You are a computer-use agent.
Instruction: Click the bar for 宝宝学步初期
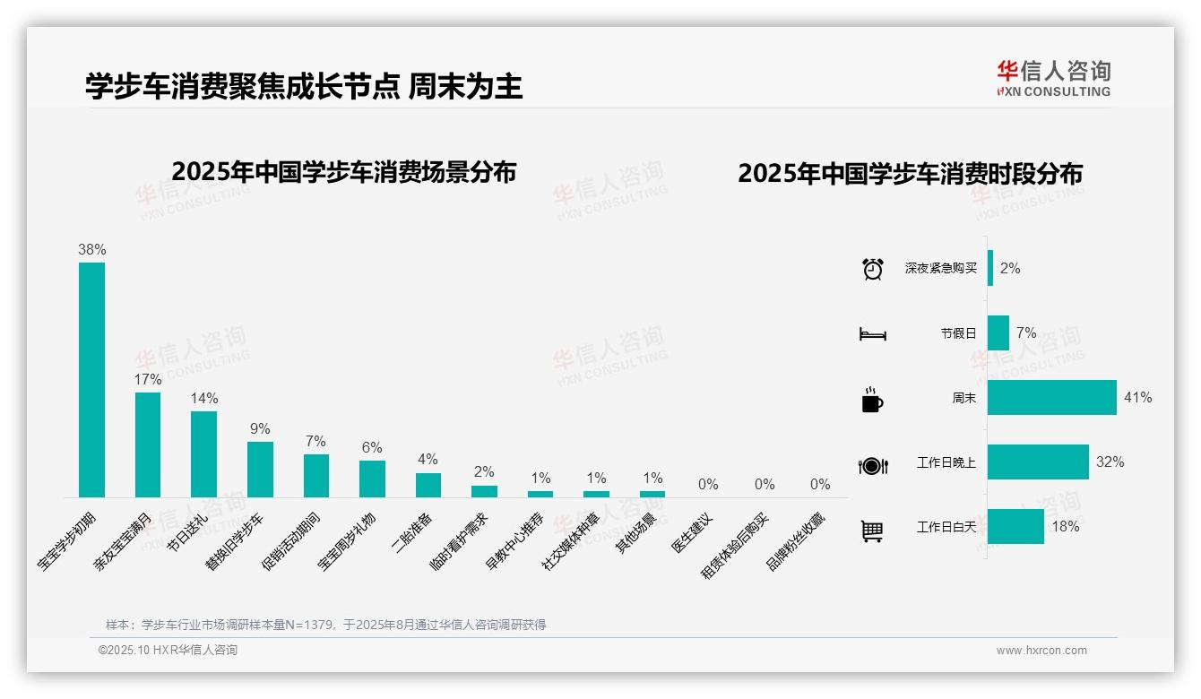click(91, 379)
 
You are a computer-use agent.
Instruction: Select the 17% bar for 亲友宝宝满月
click(148, 444)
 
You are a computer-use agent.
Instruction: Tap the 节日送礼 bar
click(203, 453)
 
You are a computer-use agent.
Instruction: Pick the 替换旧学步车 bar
click(260, 469)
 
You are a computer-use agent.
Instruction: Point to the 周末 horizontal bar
click(1051, 397)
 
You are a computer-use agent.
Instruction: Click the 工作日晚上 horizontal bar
click(1038, 462)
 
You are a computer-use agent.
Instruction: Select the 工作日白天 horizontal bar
click(1015, 526)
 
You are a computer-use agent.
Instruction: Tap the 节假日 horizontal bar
click(998, 332)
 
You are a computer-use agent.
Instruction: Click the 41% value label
click(1137, 397)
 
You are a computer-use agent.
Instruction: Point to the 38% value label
click(91, 249)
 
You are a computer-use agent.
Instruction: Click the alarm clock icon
click(872, 268)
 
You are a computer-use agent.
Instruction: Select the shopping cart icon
click(872, 531)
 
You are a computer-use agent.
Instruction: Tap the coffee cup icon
click(872, 400)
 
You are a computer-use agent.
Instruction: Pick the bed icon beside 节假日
click(872, 334)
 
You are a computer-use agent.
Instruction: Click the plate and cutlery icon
click(872, 465)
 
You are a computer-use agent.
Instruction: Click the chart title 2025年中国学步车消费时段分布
click(910, 173)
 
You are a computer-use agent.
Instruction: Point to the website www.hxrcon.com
click(1041, 651)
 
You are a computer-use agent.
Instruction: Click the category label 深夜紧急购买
click(940, 268)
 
